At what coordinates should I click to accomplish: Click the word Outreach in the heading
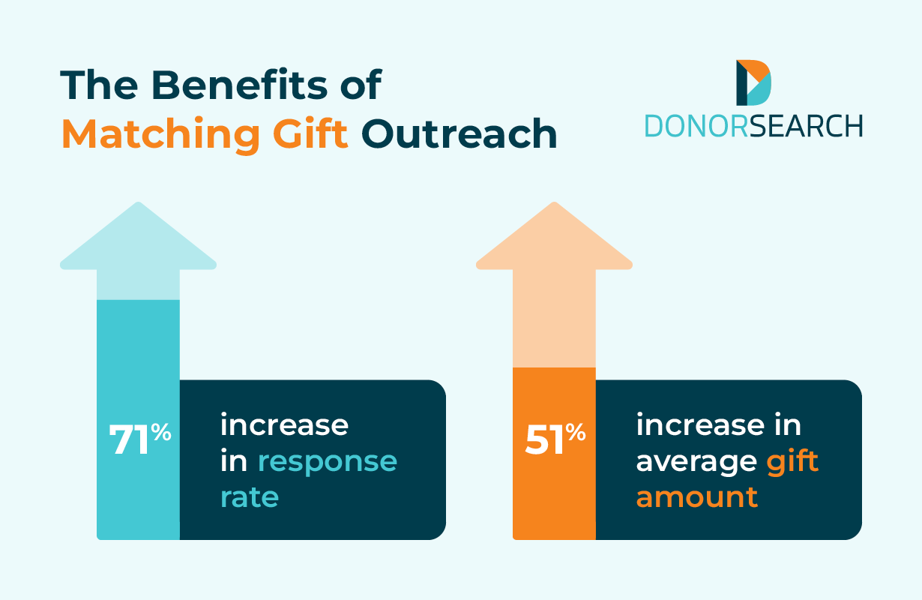(x=460, y=134)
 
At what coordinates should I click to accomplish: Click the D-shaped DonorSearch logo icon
(x=753, y=82)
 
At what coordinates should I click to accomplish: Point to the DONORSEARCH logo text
(x=753, y=126)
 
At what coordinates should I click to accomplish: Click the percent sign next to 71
(x=161, y=432)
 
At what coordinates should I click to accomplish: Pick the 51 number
(x=545, y=441)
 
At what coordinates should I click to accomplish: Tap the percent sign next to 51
(x=576, y=432)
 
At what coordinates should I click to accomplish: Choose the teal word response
(x=328, y=462)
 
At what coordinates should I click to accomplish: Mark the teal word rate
(x=250, y=497)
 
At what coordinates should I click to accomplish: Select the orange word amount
(x=697, y=497)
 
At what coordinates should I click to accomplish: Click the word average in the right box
(x=696, y=462)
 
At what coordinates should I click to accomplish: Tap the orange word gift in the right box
(x=792, y=460)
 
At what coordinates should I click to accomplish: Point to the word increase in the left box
(x=284, y=425)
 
